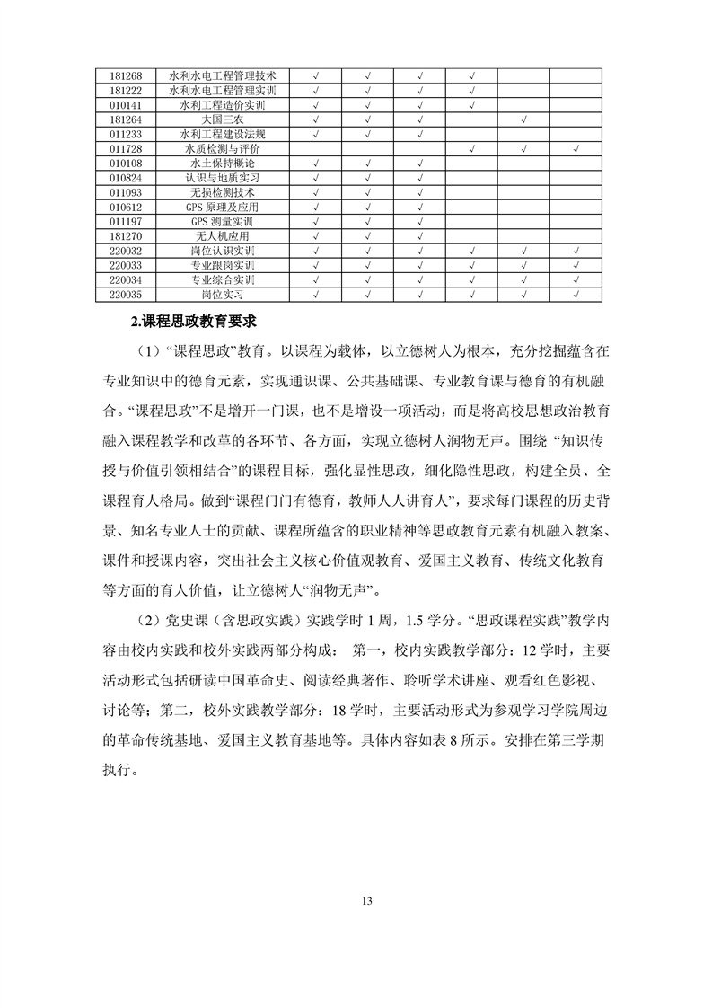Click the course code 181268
click(x=126, y=77)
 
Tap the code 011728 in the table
click(x=126, y=148)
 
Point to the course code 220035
click(x=126, y=294)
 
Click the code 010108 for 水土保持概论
click(x=126, y=163)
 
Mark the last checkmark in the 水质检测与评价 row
click(x=575, y=148)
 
